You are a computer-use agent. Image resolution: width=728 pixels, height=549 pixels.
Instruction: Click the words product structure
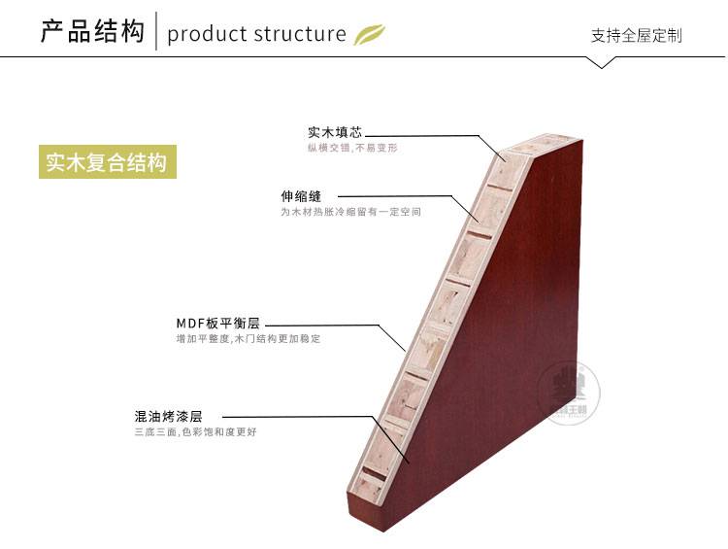click(x=256, y=35)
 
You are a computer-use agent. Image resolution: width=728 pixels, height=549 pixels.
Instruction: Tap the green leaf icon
click(x=369, y=34)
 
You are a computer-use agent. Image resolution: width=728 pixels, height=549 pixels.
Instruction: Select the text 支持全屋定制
click(x=636, y=36)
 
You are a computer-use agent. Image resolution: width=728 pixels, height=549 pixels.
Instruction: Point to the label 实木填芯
click(x=335, y=131)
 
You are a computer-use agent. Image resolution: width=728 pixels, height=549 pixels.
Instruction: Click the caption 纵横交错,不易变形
click(x=352, y=148)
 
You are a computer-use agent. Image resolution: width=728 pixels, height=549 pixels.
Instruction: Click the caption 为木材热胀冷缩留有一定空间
click(x=350, y=211)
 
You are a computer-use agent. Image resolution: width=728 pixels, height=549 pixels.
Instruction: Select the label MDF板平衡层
click(x=218, y=324)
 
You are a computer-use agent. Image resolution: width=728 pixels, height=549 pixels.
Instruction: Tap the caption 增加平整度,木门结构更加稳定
click(x=248, y=339)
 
